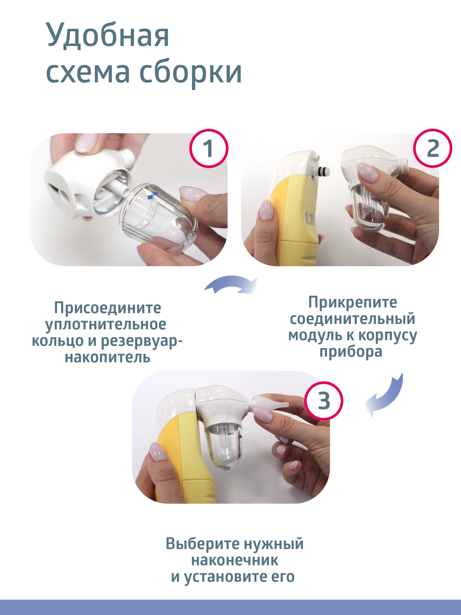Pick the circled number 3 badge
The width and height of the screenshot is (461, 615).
coord(324,401)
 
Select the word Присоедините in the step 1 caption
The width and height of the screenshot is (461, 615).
coord(107,308)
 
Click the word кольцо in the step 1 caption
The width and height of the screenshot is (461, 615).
coord(58,341)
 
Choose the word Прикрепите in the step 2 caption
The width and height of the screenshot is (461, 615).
coord(353,302)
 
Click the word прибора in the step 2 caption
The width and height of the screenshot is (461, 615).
coord(351,352)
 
